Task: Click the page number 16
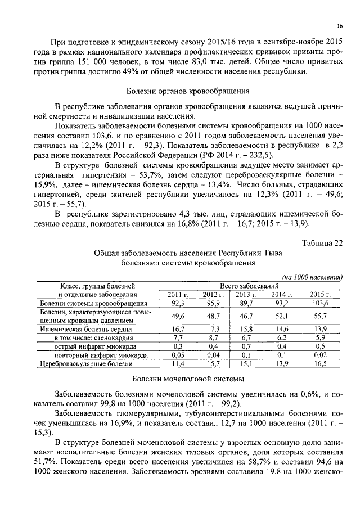point(340,26)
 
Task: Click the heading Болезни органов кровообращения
point(188,90)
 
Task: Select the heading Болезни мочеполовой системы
point(187,380)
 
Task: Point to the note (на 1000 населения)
point(312,277)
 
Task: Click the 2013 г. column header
point(246,294)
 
